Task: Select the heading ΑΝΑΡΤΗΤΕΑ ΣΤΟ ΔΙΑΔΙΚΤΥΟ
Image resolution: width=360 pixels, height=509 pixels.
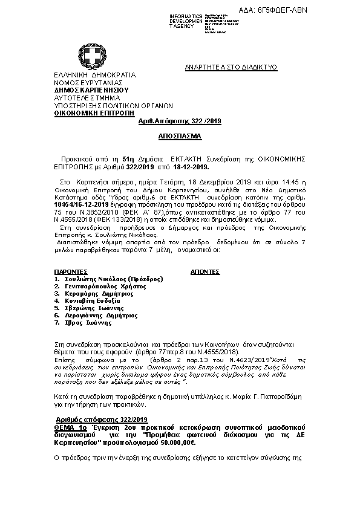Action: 231,68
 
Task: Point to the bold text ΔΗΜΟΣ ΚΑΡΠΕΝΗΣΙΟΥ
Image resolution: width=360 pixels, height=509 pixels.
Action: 91,89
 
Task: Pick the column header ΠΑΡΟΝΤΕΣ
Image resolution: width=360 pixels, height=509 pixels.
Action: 71,272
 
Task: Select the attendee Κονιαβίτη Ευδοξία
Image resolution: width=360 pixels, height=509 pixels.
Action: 93,300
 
